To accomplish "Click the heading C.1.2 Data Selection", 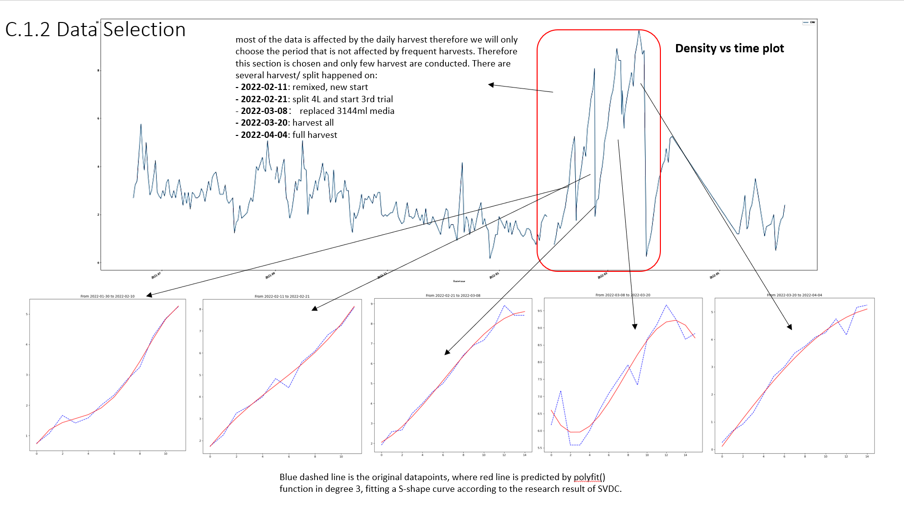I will (95, 29).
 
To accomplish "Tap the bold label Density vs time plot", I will (729, 48).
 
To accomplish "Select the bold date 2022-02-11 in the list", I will (264, 87).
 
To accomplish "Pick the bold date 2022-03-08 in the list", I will (264, 111).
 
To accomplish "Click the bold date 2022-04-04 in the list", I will (264, 135).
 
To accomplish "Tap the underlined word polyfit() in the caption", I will (589, 477).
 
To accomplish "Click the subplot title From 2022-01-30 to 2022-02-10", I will (108, 296).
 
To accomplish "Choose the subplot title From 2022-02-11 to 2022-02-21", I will (282, 296).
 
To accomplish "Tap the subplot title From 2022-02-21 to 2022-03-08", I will (453, 295).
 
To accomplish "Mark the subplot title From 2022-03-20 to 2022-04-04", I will (794, 295).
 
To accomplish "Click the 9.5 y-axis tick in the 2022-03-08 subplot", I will (540, 311).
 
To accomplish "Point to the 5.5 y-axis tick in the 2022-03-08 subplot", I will (540, 448).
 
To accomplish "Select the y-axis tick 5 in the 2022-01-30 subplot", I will (27, 314).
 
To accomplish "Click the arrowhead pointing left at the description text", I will (491, 85).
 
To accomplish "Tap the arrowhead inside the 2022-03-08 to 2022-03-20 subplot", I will (635, 327).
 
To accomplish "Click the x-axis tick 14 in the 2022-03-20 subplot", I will (867, 457).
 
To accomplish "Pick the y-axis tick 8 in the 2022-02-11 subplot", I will (201, 309).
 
